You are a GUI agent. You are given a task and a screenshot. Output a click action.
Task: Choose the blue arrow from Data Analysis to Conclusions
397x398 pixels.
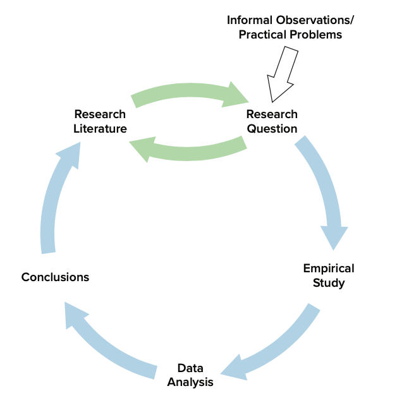pyautogui.click(x=107, y=341)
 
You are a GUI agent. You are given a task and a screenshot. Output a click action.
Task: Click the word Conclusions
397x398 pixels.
pyautogui.click(x=55, y=277)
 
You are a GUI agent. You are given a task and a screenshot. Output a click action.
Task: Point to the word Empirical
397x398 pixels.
pyautogui.click(x=329, y=268)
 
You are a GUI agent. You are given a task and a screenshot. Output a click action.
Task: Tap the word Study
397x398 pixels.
pyautogui.click(x=329, y=282)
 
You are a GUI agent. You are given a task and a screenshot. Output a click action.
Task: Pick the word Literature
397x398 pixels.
pyautogui.click(x=100, y=128)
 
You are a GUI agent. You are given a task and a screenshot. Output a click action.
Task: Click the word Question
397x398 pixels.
pyautogui.click(x=272, y=128)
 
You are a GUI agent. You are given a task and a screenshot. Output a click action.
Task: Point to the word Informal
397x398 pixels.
pyautogui.click(x=252, y=20)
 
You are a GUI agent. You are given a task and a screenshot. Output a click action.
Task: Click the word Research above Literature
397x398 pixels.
pyautogui.click(x=100, y=114)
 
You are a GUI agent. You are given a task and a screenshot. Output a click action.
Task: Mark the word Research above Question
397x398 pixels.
pyautogui.click(x=272, y=114)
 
